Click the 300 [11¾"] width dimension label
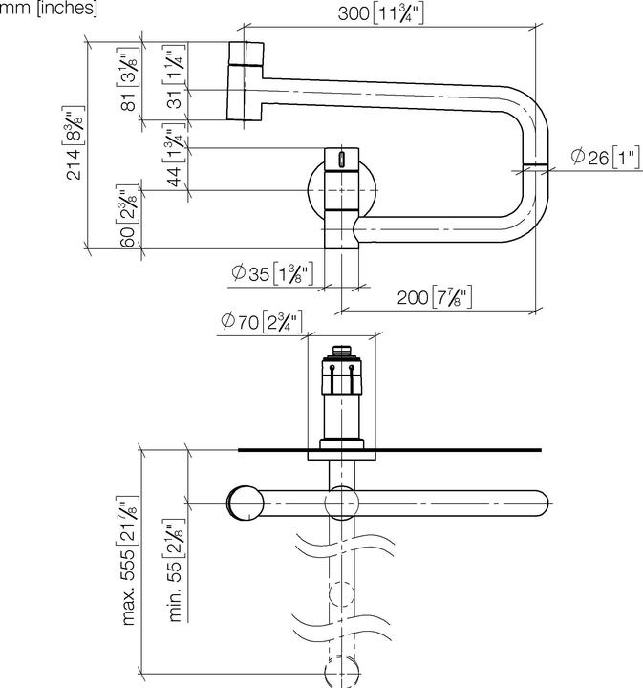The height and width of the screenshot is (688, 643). (x=380, y=13)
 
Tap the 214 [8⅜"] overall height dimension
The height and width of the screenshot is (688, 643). (x=74, y=143)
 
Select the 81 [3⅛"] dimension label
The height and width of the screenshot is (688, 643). (x=129, y=78)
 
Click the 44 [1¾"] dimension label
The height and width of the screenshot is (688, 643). (x=174, y=155)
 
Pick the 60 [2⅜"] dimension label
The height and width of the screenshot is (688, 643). (x=128, y=216)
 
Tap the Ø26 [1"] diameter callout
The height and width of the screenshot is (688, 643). (x=606, y=157)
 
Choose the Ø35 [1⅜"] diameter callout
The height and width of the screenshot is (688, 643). (x=272, y=273)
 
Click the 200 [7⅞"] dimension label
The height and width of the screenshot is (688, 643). (x=434, y=297)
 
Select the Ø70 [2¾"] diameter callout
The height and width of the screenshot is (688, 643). (x=262, y=322)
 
